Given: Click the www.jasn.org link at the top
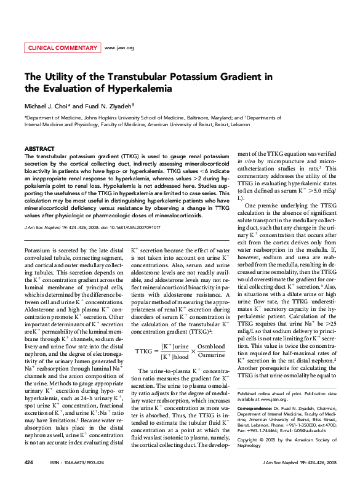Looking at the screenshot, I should point(120,47).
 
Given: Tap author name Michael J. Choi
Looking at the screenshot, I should point(49,106).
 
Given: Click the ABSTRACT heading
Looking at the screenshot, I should point(39,150).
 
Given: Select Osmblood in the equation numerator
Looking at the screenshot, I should point(211,347).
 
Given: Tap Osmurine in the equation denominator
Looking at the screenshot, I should point(211,356).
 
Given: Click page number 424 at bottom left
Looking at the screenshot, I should point(28,462).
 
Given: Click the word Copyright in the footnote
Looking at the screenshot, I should point(249,440).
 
